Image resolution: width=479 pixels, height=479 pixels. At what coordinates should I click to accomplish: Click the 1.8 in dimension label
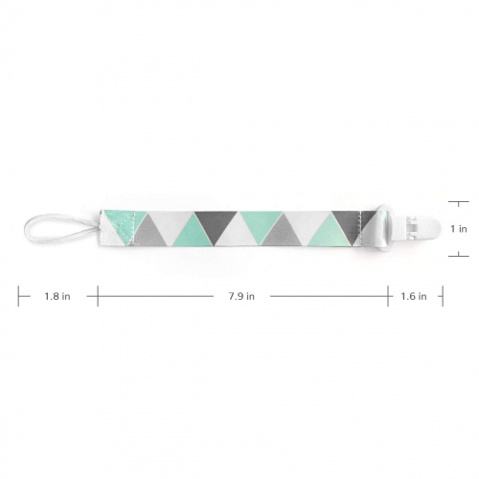(x=57, y=296)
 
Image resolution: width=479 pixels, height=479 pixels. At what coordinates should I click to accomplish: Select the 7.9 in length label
(x=241, y=296)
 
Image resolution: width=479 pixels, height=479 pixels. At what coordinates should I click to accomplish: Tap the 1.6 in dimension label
(x=414, y=296)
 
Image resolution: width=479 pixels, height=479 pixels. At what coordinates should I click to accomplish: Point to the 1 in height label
(x=459, y=229)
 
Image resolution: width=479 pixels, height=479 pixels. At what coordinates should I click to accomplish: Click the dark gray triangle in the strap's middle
(x=216, y=224)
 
